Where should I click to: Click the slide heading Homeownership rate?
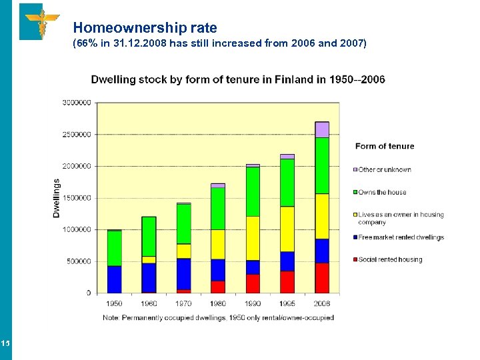tap(145, 28)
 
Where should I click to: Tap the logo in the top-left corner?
tap(40, 21)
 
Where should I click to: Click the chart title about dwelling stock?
tap(237, 79)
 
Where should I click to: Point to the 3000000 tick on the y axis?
tap(77, 103)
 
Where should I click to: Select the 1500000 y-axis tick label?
tap(77, 198)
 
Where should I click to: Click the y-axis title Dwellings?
tap(57, 197)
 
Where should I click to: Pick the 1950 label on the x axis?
tap(114, 303)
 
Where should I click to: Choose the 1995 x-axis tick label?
tap(287, 303)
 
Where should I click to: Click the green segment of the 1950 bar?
tap(114, 248)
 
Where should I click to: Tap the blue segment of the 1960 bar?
tap(149, 277)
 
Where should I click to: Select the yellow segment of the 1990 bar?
tap(253, 238)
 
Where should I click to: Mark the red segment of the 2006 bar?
tap(322, 278)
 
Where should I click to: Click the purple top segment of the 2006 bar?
tap(322, 129)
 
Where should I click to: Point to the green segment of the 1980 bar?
tap(218, 209)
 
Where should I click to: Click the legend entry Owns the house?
tap(382, 193)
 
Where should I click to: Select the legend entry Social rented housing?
tap(390, 259)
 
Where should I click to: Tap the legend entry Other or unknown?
tap(385, 170)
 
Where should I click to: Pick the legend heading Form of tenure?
tap(385, 146)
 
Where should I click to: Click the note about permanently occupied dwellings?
tap(218, 318)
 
